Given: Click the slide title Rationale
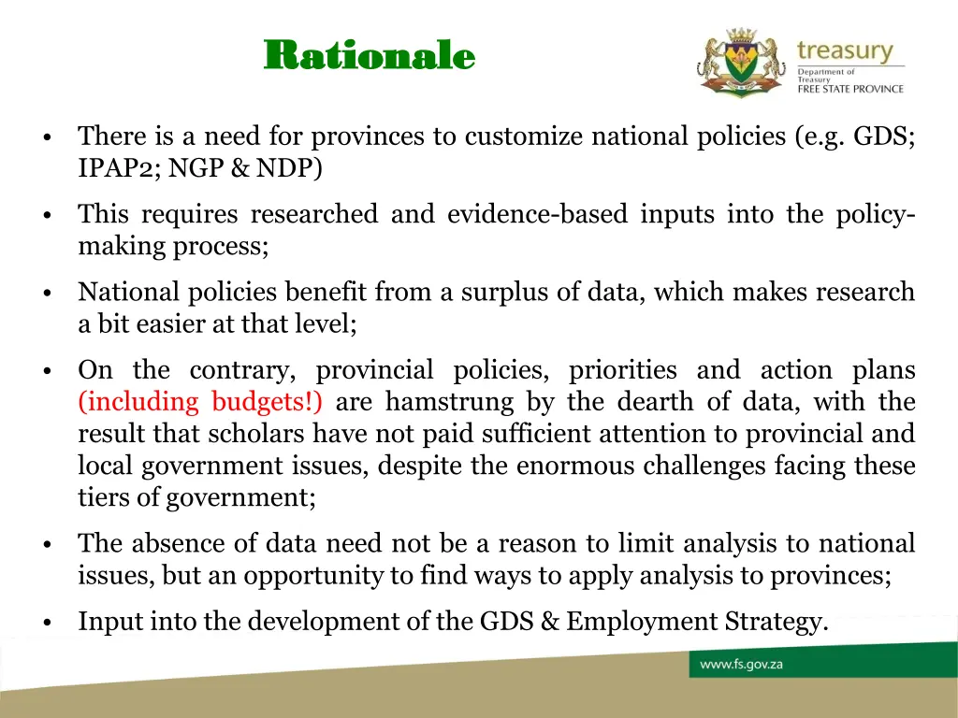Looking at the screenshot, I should pos(370,56).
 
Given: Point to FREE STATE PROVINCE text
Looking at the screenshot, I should pos(850,90).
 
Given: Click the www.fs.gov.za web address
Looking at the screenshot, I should pos(742,665).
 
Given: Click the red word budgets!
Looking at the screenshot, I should pos(268,402).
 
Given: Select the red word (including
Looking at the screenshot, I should pos(138,402).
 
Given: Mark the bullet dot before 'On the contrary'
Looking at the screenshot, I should pos(46,372).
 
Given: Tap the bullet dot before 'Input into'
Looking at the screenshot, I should pos(46,623).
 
